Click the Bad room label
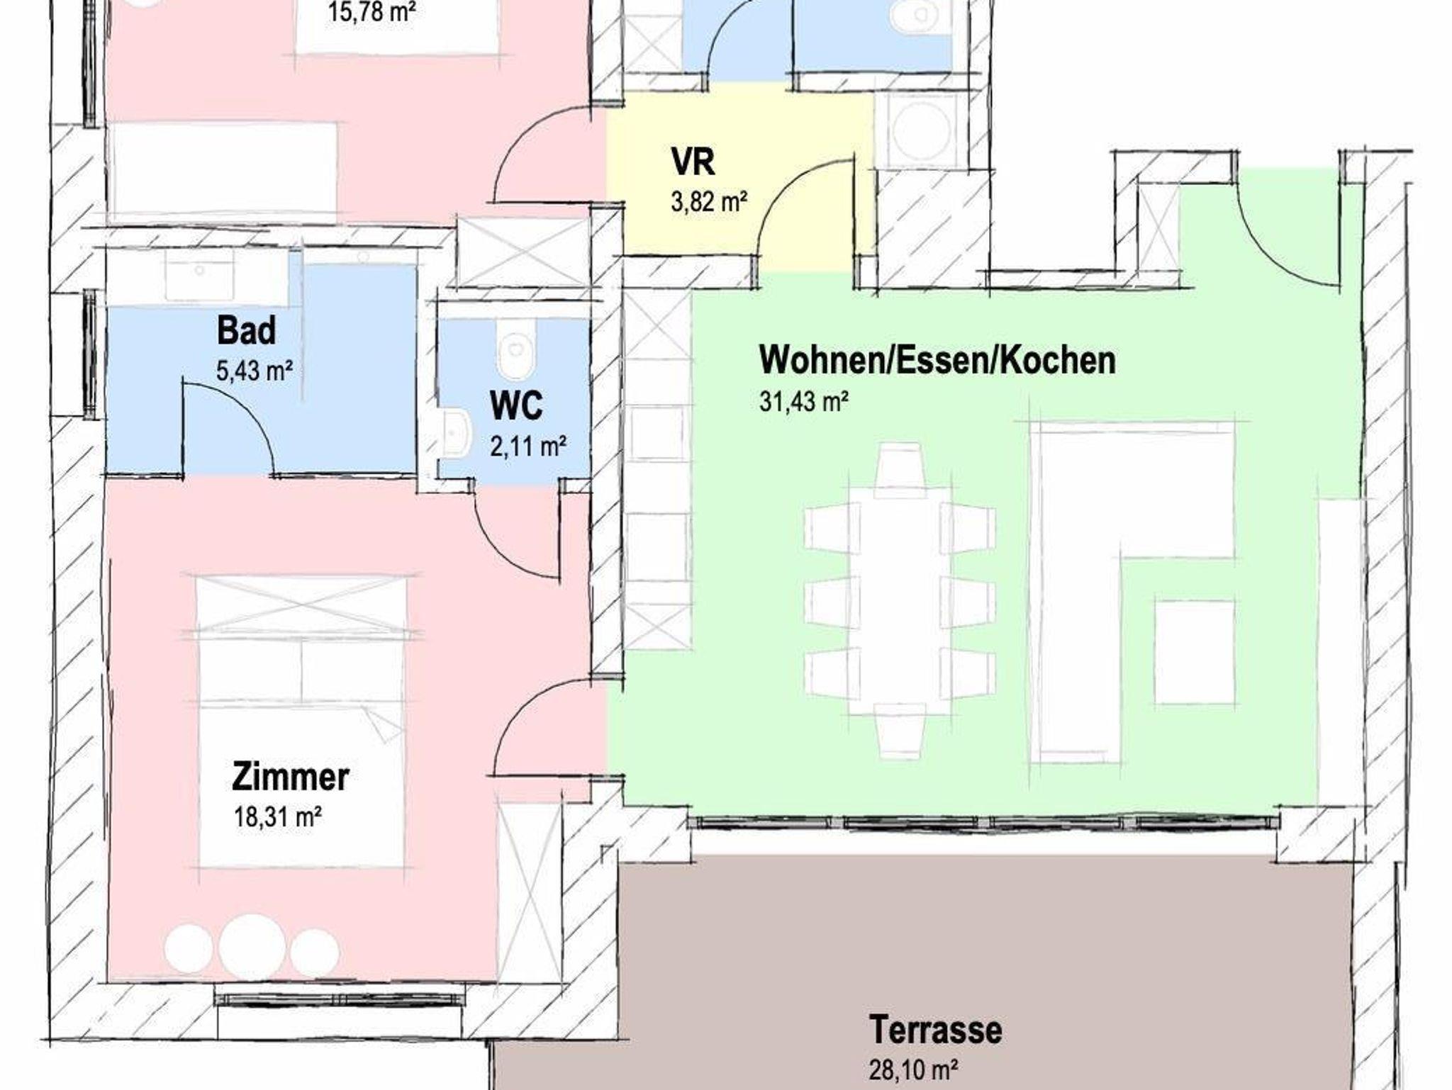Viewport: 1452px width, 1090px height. pyautogui.click(x=246, y=331)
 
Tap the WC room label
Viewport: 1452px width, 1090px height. pyautogui.click(x=516, y=405)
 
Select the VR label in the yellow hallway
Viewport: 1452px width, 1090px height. pyautogui.click(x=693, y=162)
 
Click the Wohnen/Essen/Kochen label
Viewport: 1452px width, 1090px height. pyautogui.click(x=937, y=360)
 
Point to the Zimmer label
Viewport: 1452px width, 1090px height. pyautogui.click(x=291, y=777)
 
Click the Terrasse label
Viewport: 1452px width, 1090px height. pyautogui.click(x=936, y=1030)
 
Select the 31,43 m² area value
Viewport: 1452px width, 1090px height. pyautogui.click(x=804, y=402)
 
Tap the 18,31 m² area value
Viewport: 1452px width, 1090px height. pyautogui.click(x=278, y=817)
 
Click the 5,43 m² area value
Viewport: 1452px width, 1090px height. pyautogui.click(x=255, y=371)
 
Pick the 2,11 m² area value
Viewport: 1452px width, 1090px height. pyautogui.click(x=528, y=446)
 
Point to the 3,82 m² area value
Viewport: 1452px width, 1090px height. pyautogui.click(x=709, y=202)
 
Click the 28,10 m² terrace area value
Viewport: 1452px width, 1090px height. pyautogui.click(x=915, y=1069)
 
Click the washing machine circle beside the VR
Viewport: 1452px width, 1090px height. pyautogui.click(x=922, y=132)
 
